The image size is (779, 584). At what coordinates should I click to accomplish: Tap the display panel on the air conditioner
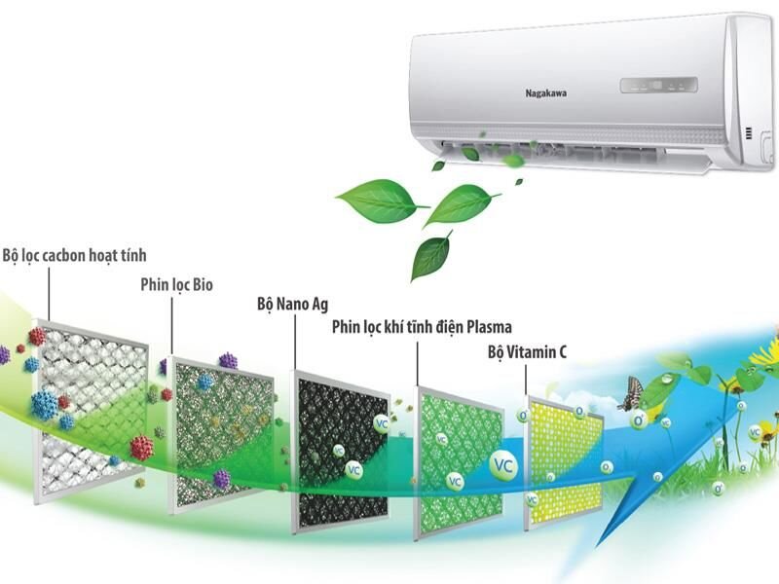coord(658,85)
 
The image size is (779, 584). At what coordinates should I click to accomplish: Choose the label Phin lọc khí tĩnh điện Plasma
coord(422,327)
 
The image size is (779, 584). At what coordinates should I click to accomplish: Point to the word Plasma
coord(488,327)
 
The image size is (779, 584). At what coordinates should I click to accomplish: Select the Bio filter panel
coord(218,433)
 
